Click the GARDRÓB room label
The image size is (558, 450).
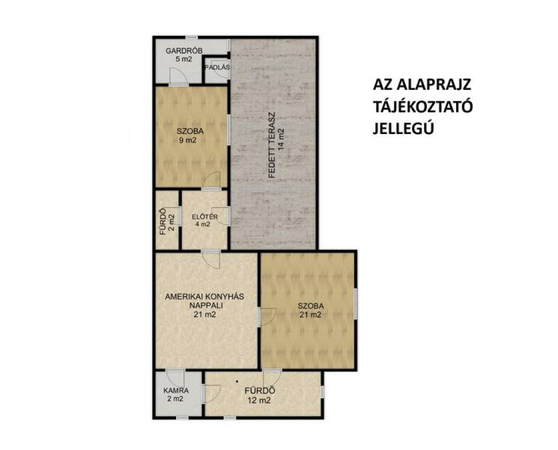click(184, 51)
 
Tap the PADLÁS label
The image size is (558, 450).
click(217, 67)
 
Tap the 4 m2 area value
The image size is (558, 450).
click(203, 224)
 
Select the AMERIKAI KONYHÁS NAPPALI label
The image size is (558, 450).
click(205, 301)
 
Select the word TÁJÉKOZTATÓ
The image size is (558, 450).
click(423, 107)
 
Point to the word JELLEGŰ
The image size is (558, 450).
click(403, 129)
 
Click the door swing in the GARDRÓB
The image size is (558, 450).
click(178, 76)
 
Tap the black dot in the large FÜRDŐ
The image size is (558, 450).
click(237, 382)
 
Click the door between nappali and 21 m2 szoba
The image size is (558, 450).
click(267, 317)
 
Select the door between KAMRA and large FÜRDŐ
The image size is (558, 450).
click(211, 394)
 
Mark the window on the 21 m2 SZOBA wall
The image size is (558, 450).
click(355, 306)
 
